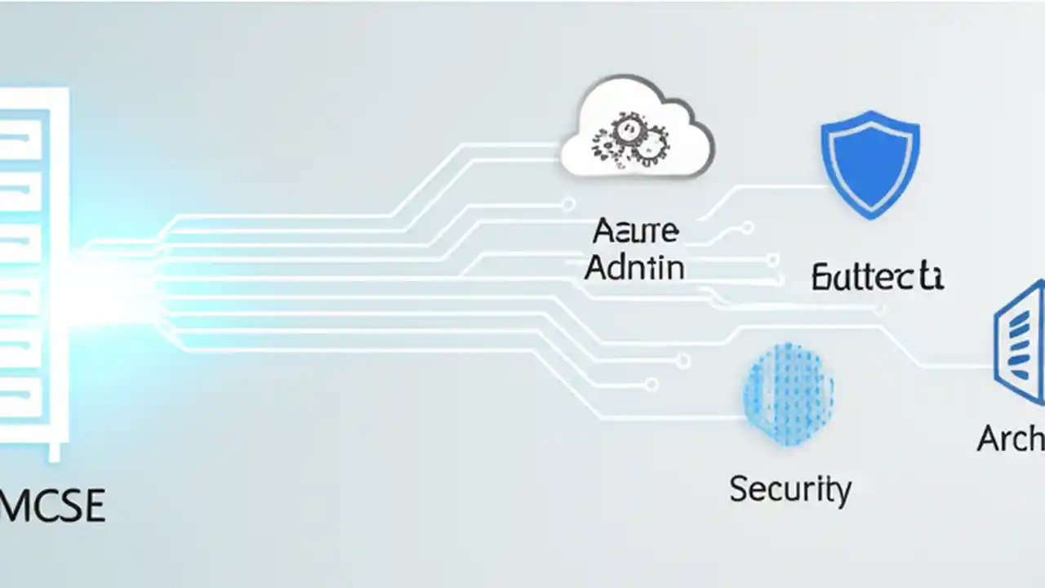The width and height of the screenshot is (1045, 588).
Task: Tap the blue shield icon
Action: click(870, 163)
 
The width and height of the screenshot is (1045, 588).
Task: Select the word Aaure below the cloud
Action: click(636, 231)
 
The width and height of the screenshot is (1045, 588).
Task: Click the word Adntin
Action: click(635, 267)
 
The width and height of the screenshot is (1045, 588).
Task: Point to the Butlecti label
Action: click(878, 278)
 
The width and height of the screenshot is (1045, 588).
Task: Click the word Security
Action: click(789, 489)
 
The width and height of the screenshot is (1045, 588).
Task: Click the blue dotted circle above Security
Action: click(788, 394)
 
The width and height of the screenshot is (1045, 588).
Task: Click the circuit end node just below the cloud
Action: click(569, 203)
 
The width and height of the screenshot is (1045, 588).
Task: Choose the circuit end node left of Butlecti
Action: click(773, 260)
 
